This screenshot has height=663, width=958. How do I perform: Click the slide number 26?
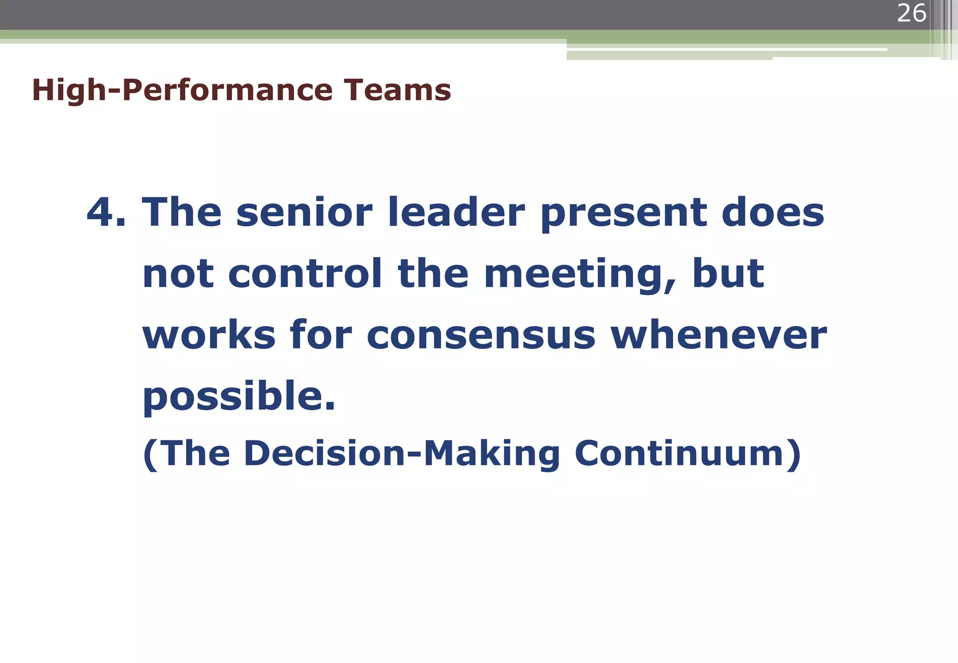point(911,13)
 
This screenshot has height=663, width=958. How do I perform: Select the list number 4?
point(105,212)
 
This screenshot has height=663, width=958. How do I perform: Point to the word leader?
point(457,212)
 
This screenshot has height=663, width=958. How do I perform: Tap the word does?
point(773,212)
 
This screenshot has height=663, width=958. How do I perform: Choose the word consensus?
point(481,336)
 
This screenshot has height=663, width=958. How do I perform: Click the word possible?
point(239,397)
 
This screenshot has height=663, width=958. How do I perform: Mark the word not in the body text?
point(178,274)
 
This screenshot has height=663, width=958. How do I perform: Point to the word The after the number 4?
point(181,212)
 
